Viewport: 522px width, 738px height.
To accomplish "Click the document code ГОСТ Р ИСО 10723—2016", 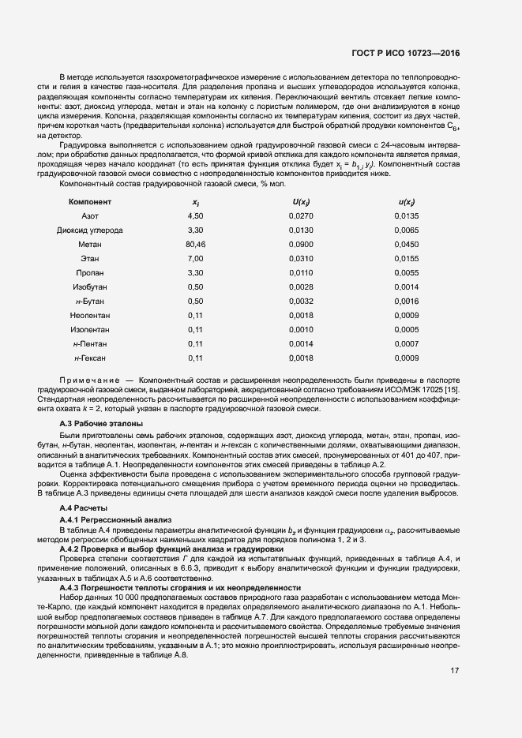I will tap(406, 54).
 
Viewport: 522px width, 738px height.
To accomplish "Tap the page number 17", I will tap(455, 671).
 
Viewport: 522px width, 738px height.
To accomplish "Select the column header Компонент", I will tap(90, 202).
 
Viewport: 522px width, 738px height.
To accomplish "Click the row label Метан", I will tap(90, 244).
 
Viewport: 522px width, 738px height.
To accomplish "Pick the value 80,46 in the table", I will tap(195, 244).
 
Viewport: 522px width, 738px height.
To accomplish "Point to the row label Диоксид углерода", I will tap(90, 230).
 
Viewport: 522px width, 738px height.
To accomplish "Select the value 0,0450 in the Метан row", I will tap(407, 244).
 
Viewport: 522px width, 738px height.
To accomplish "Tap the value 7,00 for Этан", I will tap(195, 258).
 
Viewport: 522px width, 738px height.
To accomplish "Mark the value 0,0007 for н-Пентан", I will tap(407, 343).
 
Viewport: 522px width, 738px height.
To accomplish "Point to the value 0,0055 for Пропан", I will tap(407, 272).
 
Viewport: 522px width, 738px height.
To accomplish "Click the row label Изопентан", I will tap(90, 329).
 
